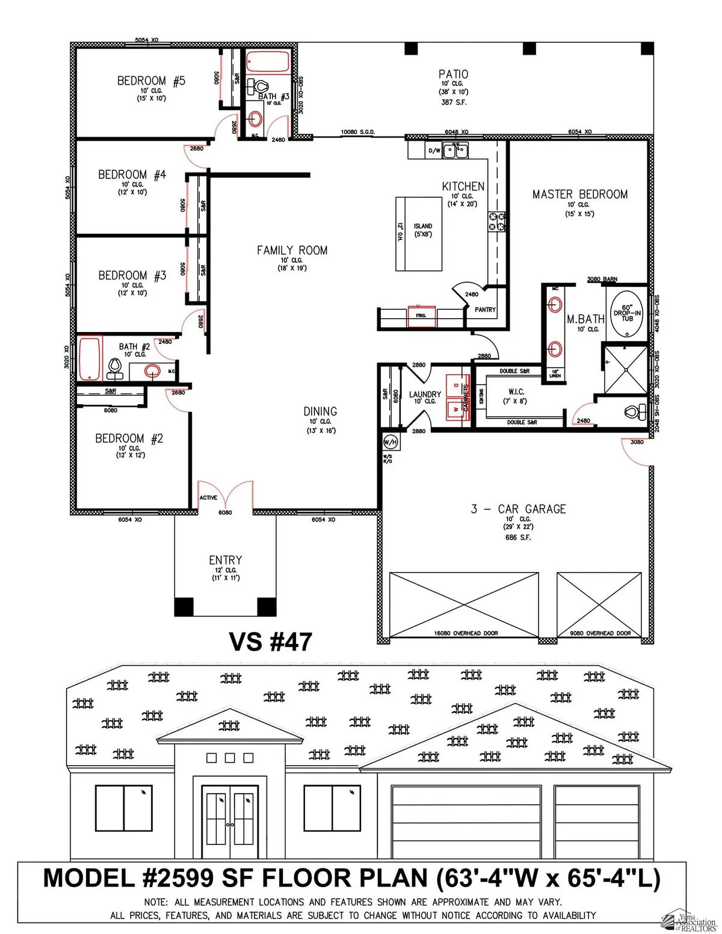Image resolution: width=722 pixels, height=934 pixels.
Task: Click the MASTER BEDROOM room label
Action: (579, 194)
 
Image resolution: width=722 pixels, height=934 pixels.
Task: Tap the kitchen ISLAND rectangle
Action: (419, 234)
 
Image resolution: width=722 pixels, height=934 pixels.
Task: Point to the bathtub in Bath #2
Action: (89, 358)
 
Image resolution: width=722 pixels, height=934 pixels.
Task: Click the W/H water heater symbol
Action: (390, 443)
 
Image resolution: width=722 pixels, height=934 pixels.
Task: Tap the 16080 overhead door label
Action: (465, 633)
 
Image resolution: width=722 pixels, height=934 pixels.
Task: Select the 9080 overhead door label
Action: (600, 633)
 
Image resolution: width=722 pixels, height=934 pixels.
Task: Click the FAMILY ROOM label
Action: (292, 250)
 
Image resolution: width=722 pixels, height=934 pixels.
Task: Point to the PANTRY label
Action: (485, 310)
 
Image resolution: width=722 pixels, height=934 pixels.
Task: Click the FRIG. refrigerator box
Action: (421, 315)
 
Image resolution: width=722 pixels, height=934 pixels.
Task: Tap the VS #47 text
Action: (270, 642)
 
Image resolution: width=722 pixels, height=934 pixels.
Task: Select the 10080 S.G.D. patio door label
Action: (357, 132)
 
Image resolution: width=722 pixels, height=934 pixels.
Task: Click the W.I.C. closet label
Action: (516, 392)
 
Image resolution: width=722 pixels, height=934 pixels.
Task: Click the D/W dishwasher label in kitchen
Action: (434, 151)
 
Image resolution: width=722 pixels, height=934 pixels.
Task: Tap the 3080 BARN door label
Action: (602, 280)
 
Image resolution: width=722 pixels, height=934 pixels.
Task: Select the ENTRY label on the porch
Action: (226, 560)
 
